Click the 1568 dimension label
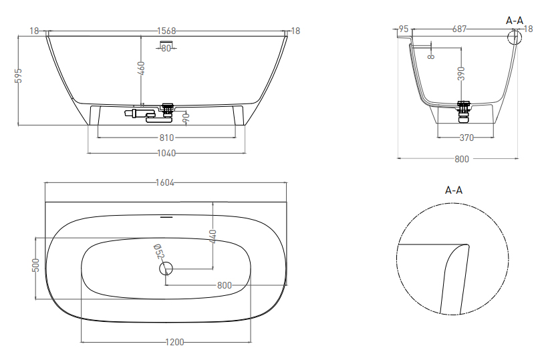click(x=166, y=31)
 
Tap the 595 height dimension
click(x=19, y=75)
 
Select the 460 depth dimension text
click(x=141, y=68)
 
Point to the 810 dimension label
click(x=166, y=138)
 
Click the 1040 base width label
click(x=166, y=153)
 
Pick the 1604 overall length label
click(x=165, y=182)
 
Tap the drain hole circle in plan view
click(x=166, y=268)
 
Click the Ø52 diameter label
click(x=158, y=251)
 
